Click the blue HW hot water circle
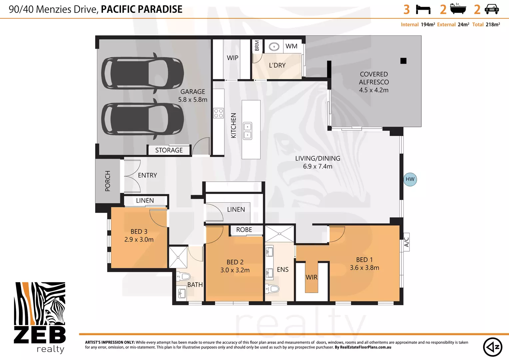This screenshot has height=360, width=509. click(x=410, y=179)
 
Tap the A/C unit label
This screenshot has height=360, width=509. click(x=406, y=242)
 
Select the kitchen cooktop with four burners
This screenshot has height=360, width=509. click(x=219, y=113)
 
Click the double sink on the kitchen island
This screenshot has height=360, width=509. click(x=248, y=131)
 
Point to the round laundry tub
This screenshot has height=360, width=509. click(x=274, y=47)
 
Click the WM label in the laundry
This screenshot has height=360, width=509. click(x=291, y=46)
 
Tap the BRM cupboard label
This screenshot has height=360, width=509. click(x=257, y=45)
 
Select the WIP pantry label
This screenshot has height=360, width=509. click(x=233, y=58)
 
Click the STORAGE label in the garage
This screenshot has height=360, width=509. click(x=169, y=150)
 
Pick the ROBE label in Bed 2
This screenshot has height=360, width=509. click(x=244, y=230)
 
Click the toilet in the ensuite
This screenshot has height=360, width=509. click(x=272, y=289)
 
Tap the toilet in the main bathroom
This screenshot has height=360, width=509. click(x=183, y=277)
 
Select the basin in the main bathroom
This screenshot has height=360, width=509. click(x=182, y=293)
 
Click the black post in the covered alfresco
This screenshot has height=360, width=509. click(x=403, y=61)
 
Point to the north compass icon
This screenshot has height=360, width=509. click(x=492, y=347)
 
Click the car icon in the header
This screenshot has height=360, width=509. click(x=492, y=10)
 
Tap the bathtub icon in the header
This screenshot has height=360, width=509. click(x=458, y=9)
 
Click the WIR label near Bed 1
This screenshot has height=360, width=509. click(x=311, y=277)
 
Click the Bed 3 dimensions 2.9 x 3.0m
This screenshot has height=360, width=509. click(x=139, y=239)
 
